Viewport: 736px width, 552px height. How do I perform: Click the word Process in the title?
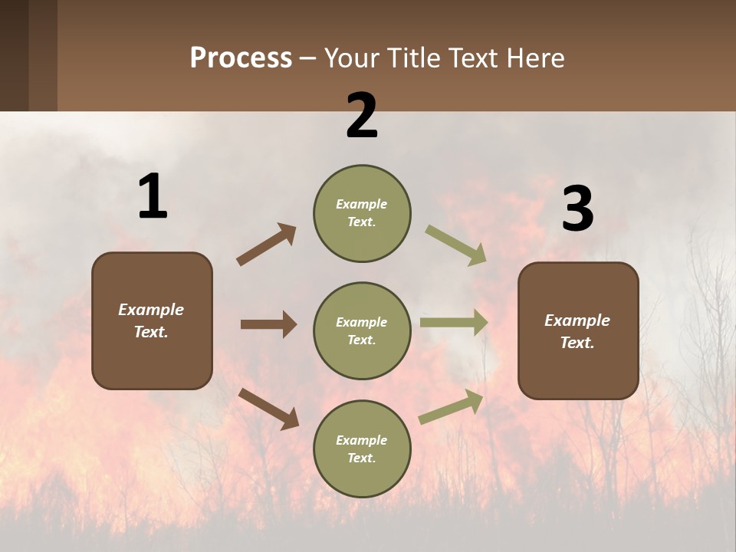pos(241,58)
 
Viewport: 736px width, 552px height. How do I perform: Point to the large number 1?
pos(153,197)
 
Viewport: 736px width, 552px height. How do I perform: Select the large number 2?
pos(362,116)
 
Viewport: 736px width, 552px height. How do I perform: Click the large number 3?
pos(577,210)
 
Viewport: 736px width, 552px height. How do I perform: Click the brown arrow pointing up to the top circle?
pos(266,245)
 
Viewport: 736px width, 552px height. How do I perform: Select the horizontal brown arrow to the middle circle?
pos(268,324)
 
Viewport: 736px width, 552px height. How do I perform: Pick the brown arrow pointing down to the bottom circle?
pos(268,408)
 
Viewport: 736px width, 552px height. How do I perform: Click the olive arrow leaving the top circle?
pos(455,245)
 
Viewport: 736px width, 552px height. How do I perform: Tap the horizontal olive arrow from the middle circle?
pos(454,323)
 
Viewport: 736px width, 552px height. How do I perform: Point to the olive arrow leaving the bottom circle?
pos(451,407)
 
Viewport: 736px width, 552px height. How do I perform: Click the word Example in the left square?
pos(151,310)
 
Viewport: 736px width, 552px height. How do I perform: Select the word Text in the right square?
pos(577,343)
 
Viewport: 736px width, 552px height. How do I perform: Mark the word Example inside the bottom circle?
pos(361,440)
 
